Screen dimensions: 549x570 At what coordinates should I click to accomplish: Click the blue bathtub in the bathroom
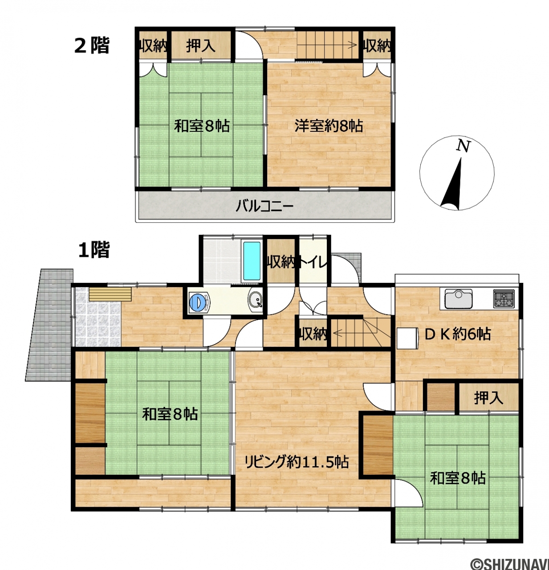coord(252,261)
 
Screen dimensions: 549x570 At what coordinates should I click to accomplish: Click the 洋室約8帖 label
coord(329,126)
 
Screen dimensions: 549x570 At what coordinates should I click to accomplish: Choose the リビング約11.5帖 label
coord(297,462)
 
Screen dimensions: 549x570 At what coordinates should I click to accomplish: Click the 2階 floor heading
coord(92,45)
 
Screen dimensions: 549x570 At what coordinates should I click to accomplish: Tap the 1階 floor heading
coord(94,250)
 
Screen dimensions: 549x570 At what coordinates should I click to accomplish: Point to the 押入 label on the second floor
coord(201,46)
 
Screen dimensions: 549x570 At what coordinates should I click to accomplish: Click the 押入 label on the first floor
coord(488,398)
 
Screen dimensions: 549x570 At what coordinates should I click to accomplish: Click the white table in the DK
coord(407,338)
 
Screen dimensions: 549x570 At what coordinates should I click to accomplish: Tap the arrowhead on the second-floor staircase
coord(354,45)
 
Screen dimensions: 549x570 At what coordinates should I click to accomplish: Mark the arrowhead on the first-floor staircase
coord(335,333)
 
